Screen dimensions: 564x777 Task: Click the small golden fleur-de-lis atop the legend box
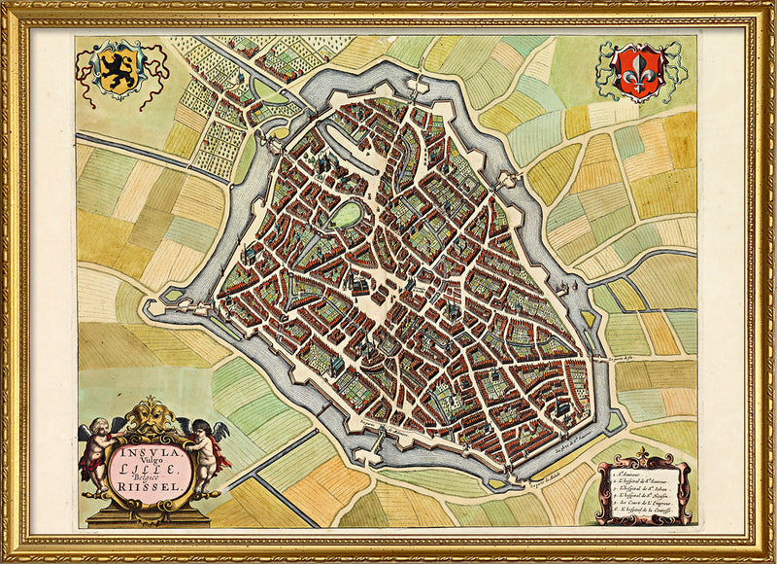pyautogui.click(x=641, y=454)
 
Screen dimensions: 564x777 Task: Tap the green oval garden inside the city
pyautogui.click(x=346, y=215)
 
